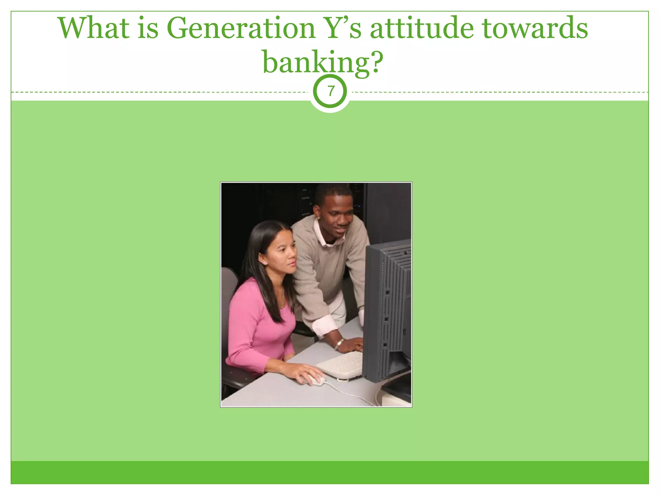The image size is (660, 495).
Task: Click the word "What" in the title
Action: (x=93, y=28)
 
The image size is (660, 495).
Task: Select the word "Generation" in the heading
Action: (x=240, y=28)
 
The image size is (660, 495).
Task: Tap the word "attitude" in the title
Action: (x=422, y=28)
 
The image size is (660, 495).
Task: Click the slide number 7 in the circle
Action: (x=330, y=92)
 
